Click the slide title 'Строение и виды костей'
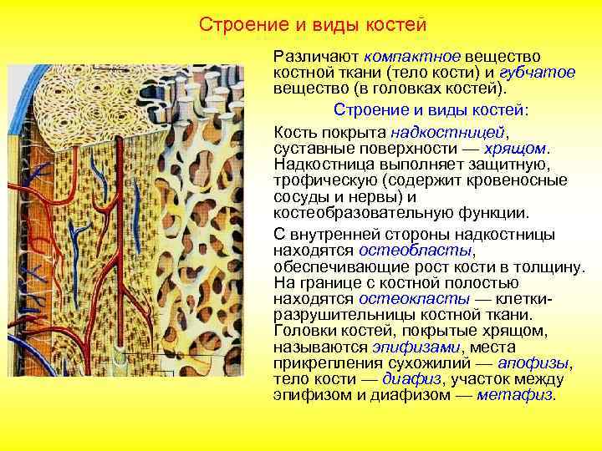coord(313,24)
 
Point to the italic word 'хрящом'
coord(518,149)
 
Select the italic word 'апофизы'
coord(533,362)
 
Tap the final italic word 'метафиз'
coord(514,394)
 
